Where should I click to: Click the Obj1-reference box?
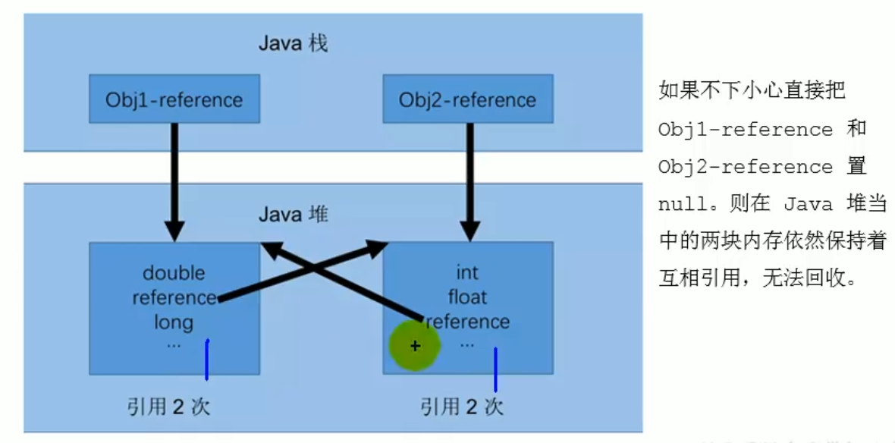[174, 99]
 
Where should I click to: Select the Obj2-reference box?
[467, 99]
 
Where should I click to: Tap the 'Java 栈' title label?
[292, 42]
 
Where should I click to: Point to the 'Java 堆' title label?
[293, 215]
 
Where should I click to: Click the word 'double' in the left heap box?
[174, 273]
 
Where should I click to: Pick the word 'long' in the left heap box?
[174, 322]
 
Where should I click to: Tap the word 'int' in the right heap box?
[467, 272]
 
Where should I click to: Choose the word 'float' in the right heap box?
[467, 297]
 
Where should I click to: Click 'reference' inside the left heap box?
[174, 297]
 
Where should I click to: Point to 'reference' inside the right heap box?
[468, 321]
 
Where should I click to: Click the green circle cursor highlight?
[415, 346]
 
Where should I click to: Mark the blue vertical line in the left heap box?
[206, 360]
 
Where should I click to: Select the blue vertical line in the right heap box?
[495, 369]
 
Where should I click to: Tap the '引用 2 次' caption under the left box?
[168, 407]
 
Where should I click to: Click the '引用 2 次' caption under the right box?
[462, 407]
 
